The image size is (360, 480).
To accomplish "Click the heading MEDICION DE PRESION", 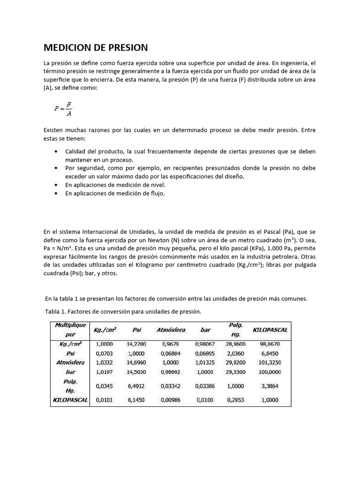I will point(96,47).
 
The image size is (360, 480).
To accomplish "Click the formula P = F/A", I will point(63,108).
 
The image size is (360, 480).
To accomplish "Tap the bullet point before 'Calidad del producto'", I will point(57,152).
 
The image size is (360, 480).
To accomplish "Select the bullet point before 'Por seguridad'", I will point(57,168).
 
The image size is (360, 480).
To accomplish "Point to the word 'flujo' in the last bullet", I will point(157,193).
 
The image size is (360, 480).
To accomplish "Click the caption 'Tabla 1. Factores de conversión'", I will point(123,311).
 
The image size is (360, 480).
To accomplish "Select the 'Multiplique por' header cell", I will point(70,330).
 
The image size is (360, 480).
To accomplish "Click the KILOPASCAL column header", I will point(270,330).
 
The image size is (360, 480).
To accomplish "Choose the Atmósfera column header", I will point(171,330).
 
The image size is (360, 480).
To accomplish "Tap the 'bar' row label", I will point(70,371).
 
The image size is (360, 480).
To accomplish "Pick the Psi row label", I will point(70,353).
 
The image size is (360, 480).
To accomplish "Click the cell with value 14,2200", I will point(136,344).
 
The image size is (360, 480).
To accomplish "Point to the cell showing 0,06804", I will point(170,353).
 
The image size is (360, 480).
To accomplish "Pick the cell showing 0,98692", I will point(170,371).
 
